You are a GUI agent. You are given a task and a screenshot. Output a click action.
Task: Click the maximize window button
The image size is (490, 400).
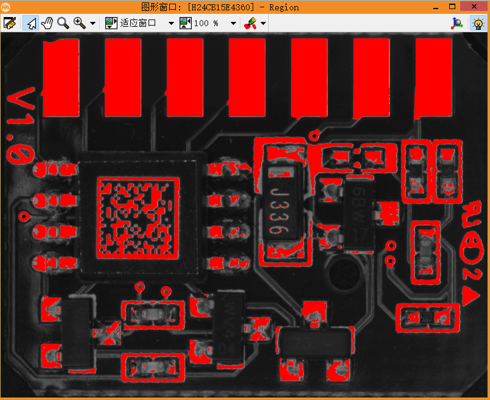(x=452, y=7)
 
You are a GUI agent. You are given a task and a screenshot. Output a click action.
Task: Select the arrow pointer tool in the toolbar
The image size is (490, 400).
(x=30, y=23)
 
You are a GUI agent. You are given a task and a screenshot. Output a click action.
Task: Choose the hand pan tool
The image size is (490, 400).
(x=46, y=23)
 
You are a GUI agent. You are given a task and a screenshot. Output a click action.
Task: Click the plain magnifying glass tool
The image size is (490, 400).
(x=63, y=23)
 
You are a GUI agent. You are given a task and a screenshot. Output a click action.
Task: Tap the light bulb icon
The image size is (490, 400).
(x=478, y=24)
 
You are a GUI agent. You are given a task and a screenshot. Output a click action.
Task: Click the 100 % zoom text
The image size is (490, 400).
(x=206, y=24)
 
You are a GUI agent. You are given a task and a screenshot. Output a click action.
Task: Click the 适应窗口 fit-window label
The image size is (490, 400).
(x=138, y=24)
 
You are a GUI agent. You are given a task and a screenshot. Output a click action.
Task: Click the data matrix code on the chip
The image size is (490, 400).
(x=137, y=215)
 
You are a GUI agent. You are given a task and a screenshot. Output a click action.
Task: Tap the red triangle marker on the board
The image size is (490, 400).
(x=469, y=296)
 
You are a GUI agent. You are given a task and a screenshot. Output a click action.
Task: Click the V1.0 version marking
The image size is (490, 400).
(x=21, y=125)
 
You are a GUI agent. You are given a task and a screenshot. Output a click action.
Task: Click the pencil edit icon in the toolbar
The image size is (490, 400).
(x=9, y=23)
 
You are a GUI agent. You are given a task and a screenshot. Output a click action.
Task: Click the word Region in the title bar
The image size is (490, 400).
(x=284, y=7)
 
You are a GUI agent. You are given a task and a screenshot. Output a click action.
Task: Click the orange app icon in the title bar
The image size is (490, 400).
(x=7, y=7)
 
